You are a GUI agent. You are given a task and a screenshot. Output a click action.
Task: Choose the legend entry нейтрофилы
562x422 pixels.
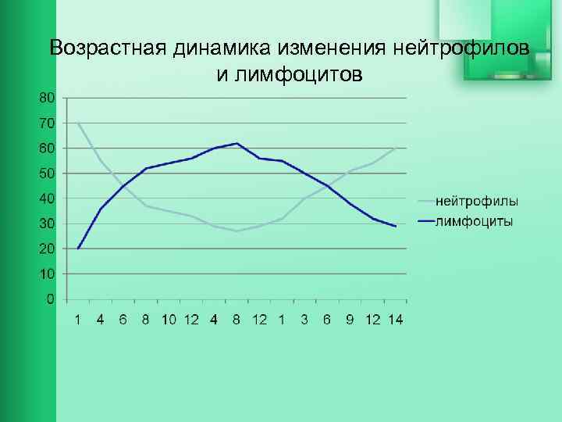point(477,202)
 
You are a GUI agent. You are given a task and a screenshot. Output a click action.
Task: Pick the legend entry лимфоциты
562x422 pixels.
point(474,221)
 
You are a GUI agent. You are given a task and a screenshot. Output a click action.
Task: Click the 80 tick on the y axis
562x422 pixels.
point(46,98)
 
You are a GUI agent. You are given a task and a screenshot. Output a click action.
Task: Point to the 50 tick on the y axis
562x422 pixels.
point(46,173)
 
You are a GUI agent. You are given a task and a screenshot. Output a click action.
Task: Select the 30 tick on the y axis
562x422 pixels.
point(46,224)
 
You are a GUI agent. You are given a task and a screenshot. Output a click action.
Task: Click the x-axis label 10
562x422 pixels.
point(169,320)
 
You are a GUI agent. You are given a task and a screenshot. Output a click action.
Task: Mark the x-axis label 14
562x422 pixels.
point(395,320)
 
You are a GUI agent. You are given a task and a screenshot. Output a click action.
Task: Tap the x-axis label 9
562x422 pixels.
point(350,320)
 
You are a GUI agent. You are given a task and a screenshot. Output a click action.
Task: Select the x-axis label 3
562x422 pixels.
point(304,320)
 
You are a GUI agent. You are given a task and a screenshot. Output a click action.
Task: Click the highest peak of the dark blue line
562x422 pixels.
point(237,143)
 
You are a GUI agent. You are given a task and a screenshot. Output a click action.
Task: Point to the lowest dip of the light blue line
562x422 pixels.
point(237,231)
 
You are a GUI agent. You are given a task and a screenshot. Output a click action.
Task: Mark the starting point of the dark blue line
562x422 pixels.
point(78,249)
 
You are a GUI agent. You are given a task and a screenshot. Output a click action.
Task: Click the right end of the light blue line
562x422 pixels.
point(395,148)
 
